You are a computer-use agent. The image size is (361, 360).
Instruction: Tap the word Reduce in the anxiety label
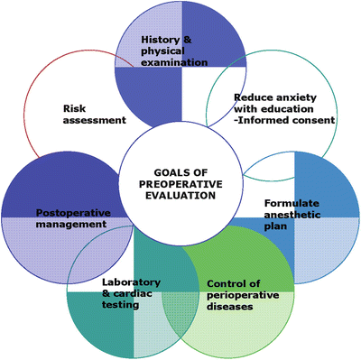(251, 97)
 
